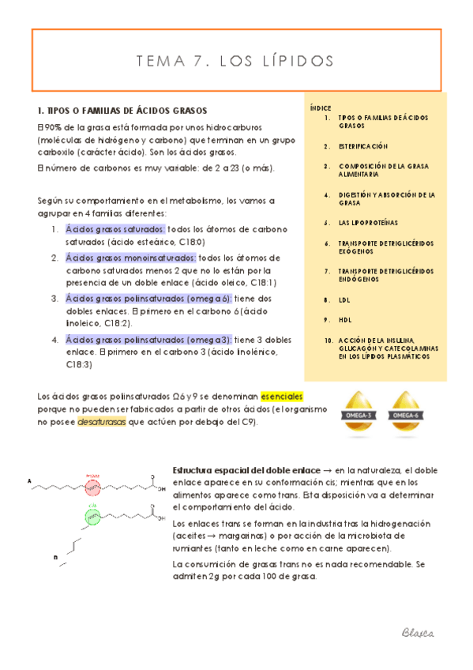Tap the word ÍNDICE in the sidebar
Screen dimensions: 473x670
(x=320, y=107)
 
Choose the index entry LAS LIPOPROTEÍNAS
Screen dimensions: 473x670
(x=368, y=223)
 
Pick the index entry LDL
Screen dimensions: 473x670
(x=343, y=300)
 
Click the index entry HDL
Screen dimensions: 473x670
(x=343, y=319)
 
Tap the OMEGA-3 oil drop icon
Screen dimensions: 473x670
(x=359, y=410)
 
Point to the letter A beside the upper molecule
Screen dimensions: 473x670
(x=29, y=480)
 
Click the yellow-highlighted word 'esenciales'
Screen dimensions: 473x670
(x=282, y=395)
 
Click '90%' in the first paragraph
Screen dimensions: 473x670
(x=52, y=127)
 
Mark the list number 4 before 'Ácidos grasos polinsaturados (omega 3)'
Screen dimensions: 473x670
(x=55, y=340)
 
